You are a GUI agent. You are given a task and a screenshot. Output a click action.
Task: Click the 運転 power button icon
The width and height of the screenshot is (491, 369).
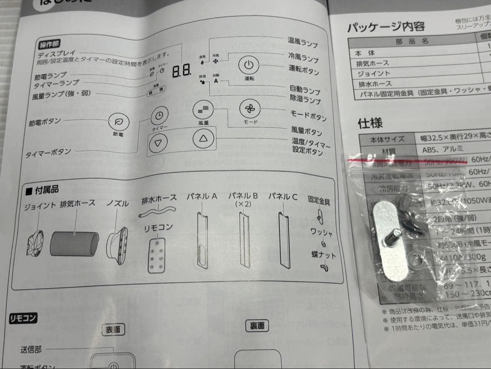tap(249, 65)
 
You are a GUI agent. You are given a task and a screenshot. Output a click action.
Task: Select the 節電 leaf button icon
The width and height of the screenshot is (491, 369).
tap(119, 121)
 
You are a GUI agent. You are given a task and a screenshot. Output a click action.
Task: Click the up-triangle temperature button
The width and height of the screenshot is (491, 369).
tap(203, 139)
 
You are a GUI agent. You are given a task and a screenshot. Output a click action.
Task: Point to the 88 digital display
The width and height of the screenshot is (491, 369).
tap(181, 71)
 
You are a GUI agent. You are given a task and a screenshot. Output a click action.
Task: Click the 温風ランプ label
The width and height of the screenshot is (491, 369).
tap(302, 42)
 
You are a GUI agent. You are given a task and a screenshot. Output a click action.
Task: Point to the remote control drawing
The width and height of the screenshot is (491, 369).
tap(157, 256)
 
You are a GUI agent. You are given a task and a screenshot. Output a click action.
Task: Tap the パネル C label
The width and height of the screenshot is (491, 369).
tap(282, 197)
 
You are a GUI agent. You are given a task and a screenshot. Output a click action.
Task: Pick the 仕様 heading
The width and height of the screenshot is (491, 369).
tap(370, 122)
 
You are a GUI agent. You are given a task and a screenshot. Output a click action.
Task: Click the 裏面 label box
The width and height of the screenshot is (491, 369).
tap(257, 326)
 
